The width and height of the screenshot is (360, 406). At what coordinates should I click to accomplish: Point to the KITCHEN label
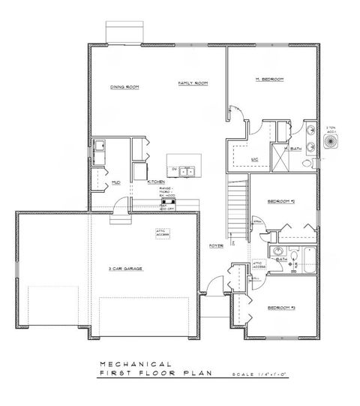coord(156,182)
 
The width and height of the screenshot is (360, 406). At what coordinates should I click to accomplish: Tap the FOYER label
coord(214,245)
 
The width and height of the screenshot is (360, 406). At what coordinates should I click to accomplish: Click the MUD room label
coord(116,182)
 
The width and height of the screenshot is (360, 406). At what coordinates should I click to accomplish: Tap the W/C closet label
coord(253,158)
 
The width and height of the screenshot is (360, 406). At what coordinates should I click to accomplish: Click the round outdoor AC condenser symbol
coord(331,140)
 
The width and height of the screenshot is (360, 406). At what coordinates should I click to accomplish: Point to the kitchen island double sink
coord(186,172)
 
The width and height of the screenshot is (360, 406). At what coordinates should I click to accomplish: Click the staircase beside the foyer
coord(236,206)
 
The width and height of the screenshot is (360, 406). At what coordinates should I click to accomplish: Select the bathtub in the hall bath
coord(306,258)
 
